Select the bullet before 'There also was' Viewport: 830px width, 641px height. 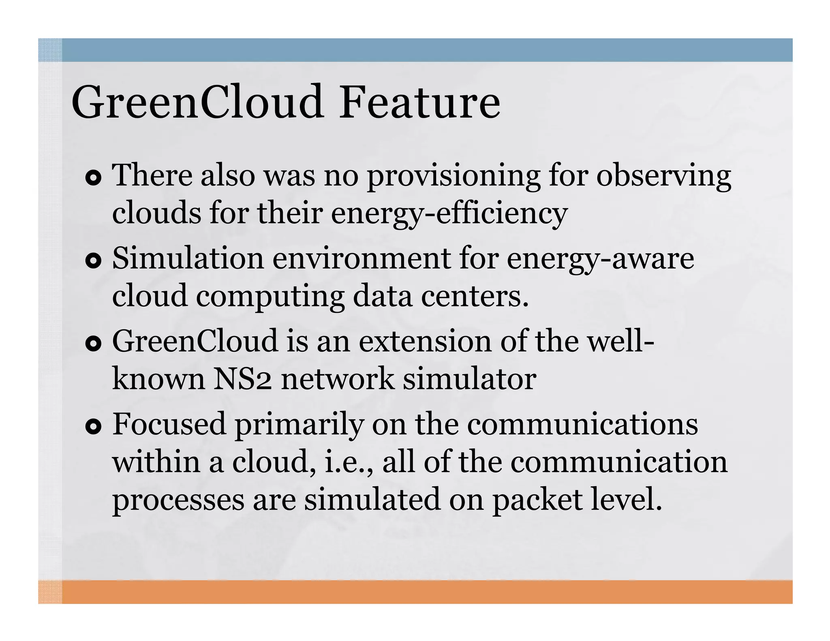coord(93,178)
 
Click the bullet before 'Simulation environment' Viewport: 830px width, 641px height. coord(93,261)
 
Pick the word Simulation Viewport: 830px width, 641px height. coord(188,259)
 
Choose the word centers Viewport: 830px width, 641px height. coord(475,296)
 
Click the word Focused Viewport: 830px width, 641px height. coord(169,424)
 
